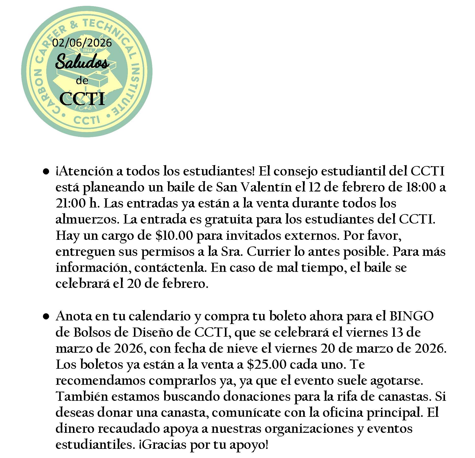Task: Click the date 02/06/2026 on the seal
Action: click(x=82, y=43)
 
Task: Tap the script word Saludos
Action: click(x=82, y=62)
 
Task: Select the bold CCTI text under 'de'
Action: click(x=82, y=99)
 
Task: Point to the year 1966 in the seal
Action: click(x=88, y=50)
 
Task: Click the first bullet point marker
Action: click(x=46, y=172)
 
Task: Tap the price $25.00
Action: click(x=267, y=365)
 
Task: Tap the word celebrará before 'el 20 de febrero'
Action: click(x=82, y=284)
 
